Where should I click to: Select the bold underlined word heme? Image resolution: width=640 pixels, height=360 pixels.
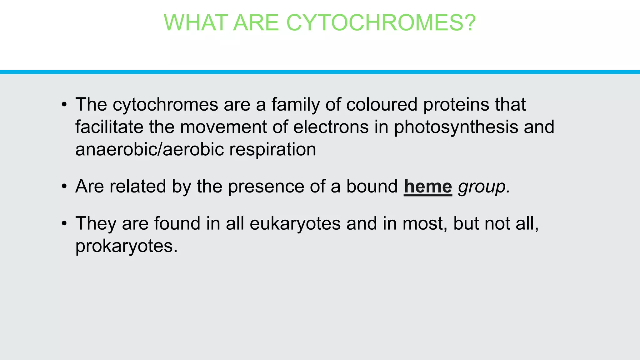point(428,187)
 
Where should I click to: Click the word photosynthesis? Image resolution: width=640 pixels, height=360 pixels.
point(456,127)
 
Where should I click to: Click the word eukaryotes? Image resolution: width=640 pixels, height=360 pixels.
point(295,224)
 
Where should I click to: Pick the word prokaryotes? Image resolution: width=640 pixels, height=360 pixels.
point(126,247)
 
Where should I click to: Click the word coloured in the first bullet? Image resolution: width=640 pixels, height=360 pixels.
point(382,104)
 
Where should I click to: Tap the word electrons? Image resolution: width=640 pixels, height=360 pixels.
point(331,127)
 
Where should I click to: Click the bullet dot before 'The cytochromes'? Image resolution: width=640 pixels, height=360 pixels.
point(64,105)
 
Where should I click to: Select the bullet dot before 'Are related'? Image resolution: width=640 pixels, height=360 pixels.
point(64,187)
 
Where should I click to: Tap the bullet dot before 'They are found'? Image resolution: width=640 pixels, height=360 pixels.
point(64,224)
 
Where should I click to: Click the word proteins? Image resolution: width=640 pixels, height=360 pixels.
point(456,105)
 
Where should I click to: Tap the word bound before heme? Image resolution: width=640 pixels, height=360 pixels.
point(372,187)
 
